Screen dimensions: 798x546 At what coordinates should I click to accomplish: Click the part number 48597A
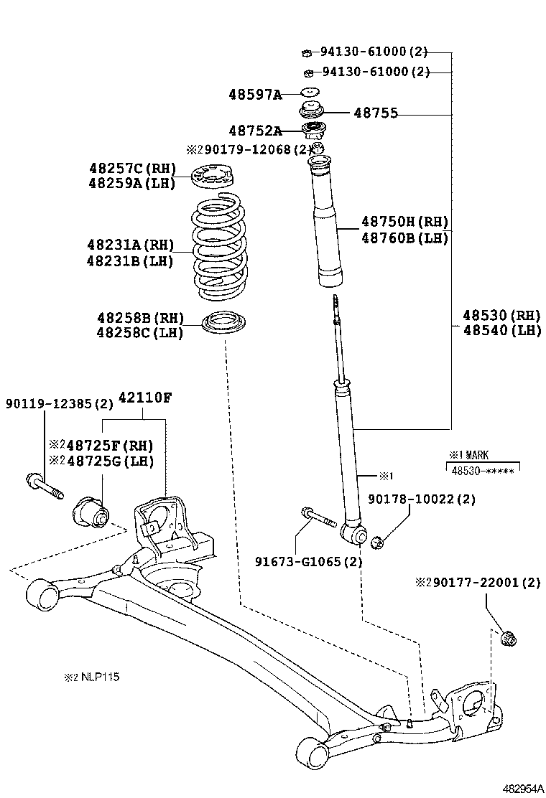pos(255,94)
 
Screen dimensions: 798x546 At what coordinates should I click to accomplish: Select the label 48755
pos(376,113)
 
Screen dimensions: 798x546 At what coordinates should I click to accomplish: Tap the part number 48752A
pos(255,131)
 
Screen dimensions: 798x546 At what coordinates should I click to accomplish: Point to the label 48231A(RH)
pos(131,245)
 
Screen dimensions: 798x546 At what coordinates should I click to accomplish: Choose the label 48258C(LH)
pos(140,333)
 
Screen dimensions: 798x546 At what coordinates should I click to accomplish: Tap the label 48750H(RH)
pos(404,222)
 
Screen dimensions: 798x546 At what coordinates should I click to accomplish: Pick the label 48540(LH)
pos(501,330)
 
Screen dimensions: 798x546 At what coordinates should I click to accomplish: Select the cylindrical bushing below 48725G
pos(91,511)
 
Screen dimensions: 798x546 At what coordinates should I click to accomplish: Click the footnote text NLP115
pos(91,677)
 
